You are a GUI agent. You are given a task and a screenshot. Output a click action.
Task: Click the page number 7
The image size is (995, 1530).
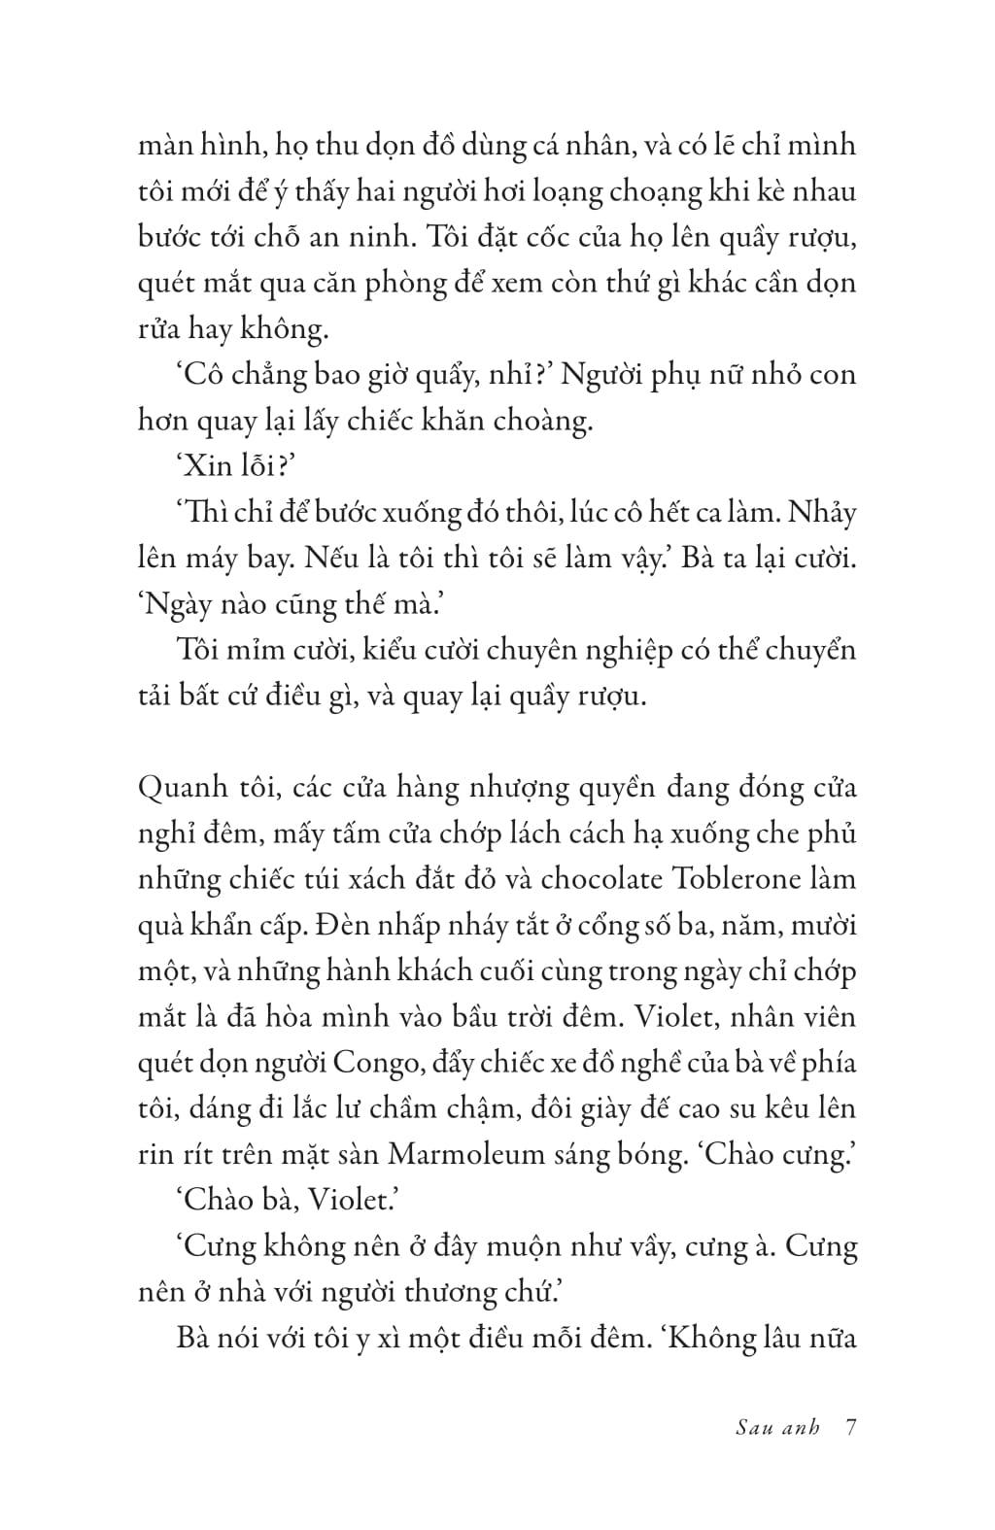(x=850, y=1428)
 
